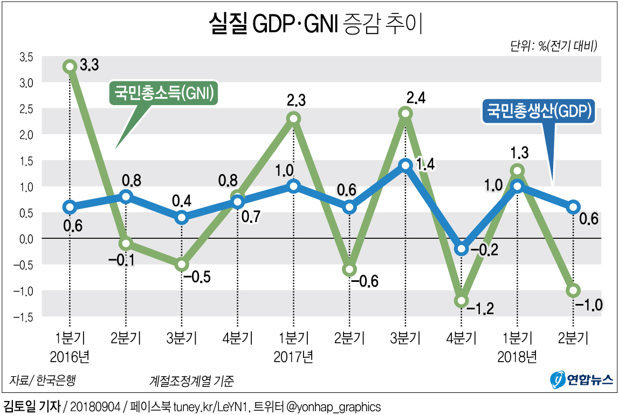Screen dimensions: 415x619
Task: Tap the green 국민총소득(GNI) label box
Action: pos(163,93)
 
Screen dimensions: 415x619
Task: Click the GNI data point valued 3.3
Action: pos(69,66)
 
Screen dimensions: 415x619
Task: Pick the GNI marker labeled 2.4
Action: pos(405,113)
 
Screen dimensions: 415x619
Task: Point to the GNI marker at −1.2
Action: pos(462,301)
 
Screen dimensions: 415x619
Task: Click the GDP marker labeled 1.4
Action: pos(405,165)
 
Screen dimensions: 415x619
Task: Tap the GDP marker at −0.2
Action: pos(462,248)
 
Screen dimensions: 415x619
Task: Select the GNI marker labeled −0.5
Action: pos(182,265)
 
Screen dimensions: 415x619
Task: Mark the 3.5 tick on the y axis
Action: pos(27,57)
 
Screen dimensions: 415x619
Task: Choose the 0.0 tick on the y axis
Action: pos(27,238)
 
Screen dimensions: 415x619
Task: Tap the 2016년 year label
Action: pos(70,356)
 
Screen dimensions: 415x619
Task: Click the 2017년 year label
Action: pos(293,356)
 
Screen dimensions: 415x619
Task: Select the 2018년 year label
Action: pos(517,356)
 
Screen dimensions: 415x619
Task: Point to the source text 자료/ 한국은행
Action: pos(43,381)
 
